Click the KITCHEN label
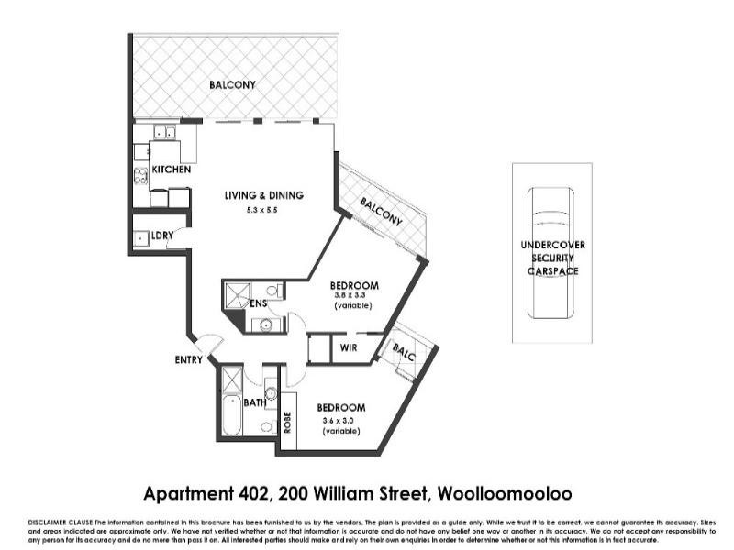[x=172, y=170]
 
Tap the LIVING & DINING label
[x=263, y=195]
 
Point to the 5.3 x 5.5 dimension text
[x=261, y=211]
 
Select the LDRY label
[x=162, y=236]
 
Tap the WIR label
[x=349, y=348]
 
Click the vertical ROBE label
[x=287, y=421]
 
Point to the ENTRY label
[x=188, y=360]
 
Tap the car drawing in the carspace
[x=551, y=251]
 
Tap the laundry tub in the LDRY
[x=140, y=238]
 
